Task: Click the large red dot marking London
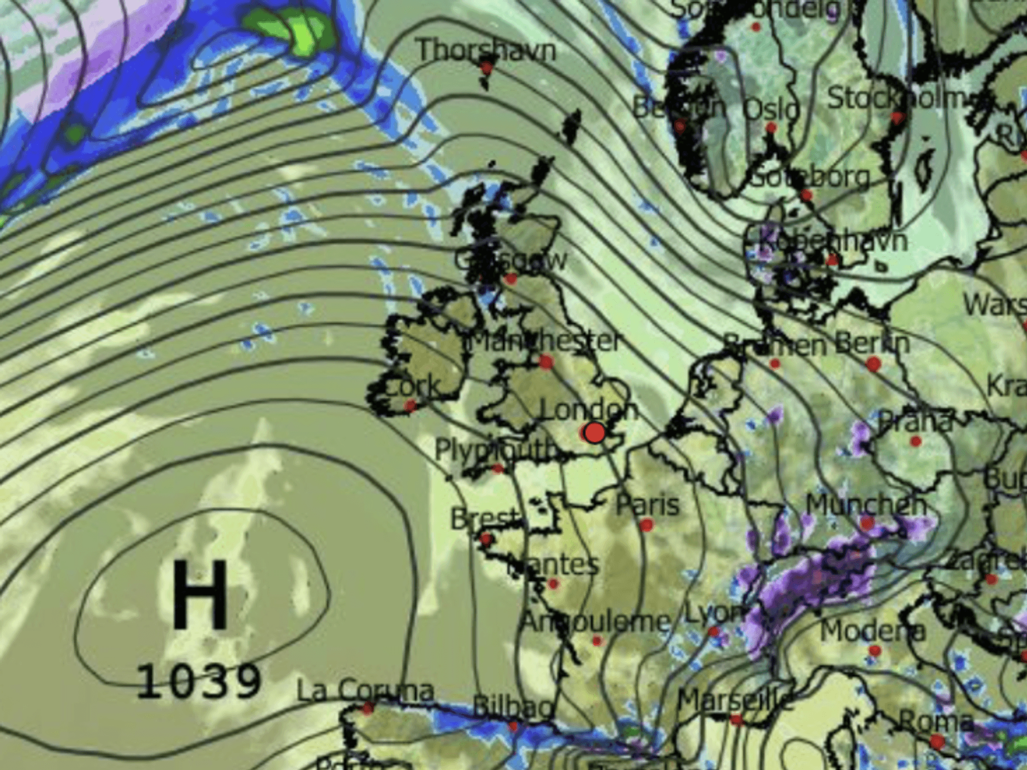point(595,433)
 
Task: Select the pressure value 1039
point(199,682)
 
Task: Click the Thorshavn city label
point(486,51)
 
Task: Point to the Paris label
point(648,505)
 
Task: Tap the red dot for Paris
point(646,525)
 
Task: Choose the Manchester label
point(545,341)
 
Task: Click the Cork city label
point(412,386)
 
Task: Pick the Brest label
point(485,519)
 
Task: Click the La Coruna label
point(366,691)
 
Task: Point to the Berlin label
point(872,343)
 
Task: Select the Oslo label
point(772,108)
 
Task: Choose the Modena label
point(873,631)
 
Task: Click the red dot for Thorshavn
point(486,67)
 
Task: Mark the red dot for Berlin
point(873,364)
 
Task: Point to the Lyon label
point(714,612)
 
